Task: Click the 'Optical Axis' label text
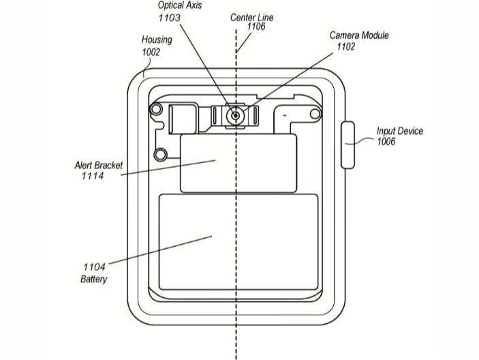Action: pos(181,5)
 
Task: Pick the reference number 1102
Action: pos(347,46)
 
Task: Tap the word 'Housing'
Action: pos(157,40)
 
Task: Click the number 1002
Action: pos(151,52)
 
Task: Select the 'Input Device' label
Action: pos(400,131)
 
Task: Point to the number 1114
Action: pos(91,177)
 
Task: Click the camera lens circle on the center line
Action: pos(236,116)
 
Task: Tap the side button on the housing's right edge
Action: pos(348,145)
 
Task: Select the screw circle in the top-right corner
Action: pos(315,110)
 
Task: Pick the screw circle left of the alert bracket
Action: pos(161,155)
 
